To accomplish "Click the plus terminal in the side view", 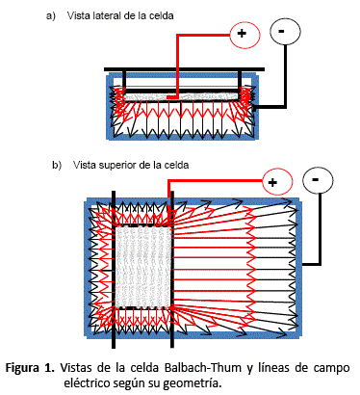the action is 244,33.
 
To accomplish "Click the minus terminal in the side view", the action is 285,31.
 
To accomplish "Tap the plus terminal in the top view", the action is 277,181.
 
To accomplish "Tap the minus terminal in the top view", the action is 318,179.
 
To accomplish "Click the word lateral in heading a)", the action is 106,15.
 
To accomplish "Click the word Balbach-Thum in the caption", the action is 202,367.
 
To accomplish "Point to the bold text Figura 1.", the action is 30,367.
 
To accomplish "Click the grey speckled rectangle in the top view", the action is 142,266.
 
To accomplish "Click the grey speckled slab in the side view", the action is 181,96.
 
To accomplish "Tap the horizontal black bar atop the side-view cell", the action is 184,69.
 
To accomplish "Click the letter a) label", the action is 51,15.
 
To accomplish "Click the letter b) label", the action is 57,165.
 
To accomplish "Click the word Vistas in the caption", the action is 76,367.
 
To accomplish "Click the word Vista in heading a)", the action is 78,15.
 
